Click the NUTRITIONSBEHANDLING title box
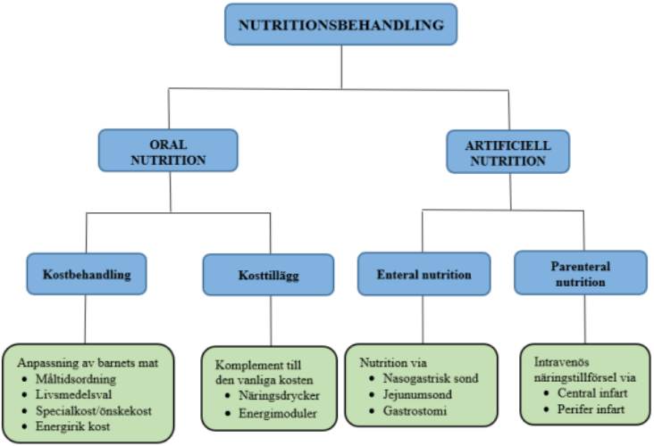[x=340, y=25]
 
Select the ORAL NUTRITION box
[x=168, y=151]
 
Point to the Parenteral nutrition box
[x=580, y=274]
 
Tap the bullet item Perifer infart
[x=590, y=409]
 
